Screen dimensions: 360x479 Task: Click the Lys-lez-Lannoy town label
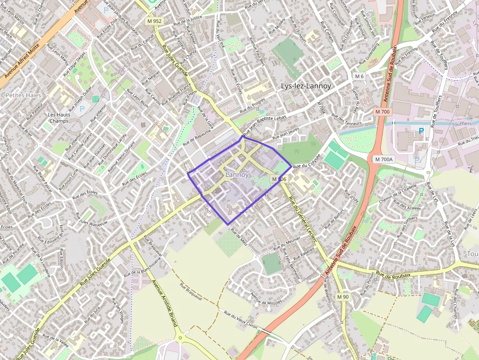point(305,86)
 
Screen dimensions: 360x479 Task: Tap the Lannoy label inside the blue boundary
point(238,174)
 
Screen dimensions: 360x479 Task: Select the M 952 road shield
point(153,21)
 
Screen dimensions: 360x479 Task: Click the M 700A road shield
point(384,159)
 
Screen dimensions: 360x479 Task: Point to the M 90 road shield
point(343,296)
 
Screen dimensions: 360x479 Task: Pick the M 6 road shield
point(360,76)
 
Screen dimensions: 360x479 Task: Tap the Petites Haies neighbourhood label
point(23,95)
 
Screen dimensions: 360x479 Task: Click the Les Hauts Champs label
point(59,118)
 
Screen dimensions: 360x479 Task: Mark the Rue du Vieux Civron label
point(240,319)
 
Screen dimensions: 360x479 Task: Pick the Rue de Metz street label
point(239,236)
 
